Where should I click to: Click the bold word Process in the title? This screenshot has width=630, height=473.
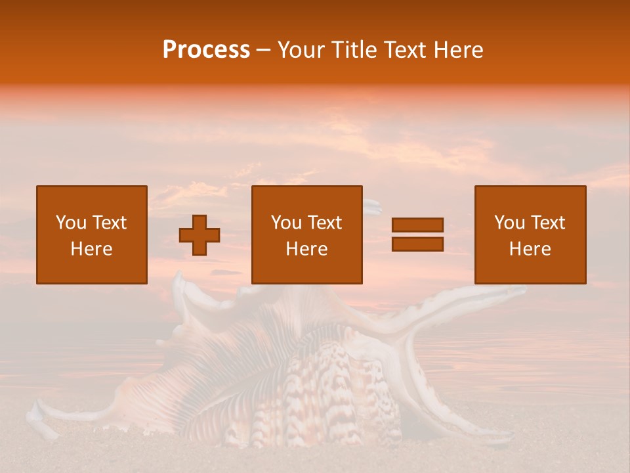[x=206, y=50]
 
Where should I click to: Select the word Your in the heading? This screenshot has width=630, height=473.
[x=303, y=50]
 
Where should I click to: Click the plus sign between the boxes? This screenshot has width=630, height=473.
[x=199, y=235]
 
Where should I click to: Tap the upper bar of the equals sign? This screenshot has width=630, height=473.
[x=417, y=225]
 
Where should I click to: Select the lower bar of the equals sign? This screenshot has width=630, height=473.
[x=417, y=244]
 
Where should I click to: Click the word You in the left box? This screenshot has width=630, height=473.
[x=71, y=223]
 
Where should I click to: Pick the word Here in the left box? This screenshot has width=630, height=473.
[x=91, y=249]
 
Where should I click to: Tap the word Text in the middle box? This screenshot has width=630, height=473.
[x=324, y=223]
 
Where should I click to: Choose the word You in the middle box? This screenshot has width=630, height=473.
[x=286, y=223]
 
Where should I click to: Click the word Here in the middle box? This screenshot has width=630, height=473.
[x=306, y=249]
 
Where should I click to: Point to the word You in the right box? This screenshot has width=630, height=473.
[x=509, y=223]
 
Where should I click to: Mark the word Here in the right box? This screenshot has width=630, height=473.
[x=530, y=249]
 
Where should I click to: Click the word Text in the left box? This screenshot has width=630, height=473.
[x=109, y=223]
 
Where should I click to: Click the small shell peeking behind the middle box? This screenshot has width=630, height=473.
[x=372, y=208]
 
